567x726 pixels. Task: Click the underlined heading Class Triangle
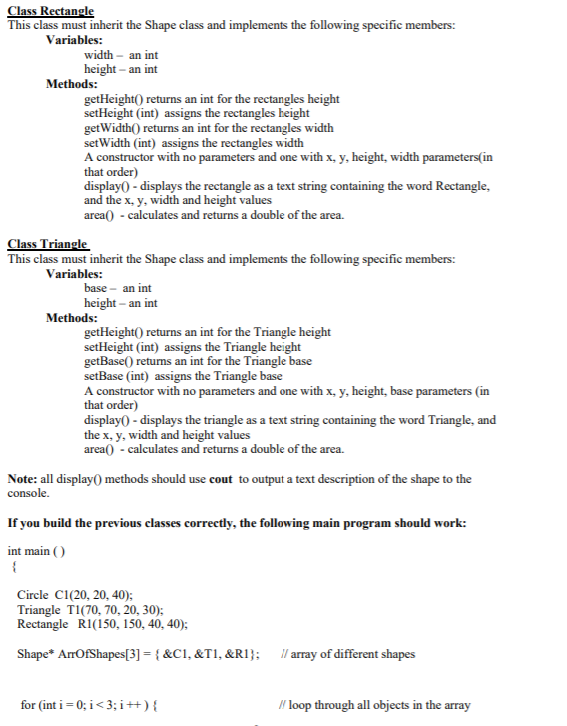(x=47, y=244)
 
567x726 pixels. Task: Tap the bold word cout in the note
(x=221, y=479)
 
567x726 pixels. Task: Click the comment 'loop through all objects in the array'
(x=378, y=705)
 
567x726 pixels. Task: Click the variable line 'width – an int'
(x=121, y=55)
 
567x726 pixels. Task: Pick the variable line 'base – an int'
(x=117, y=288)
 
